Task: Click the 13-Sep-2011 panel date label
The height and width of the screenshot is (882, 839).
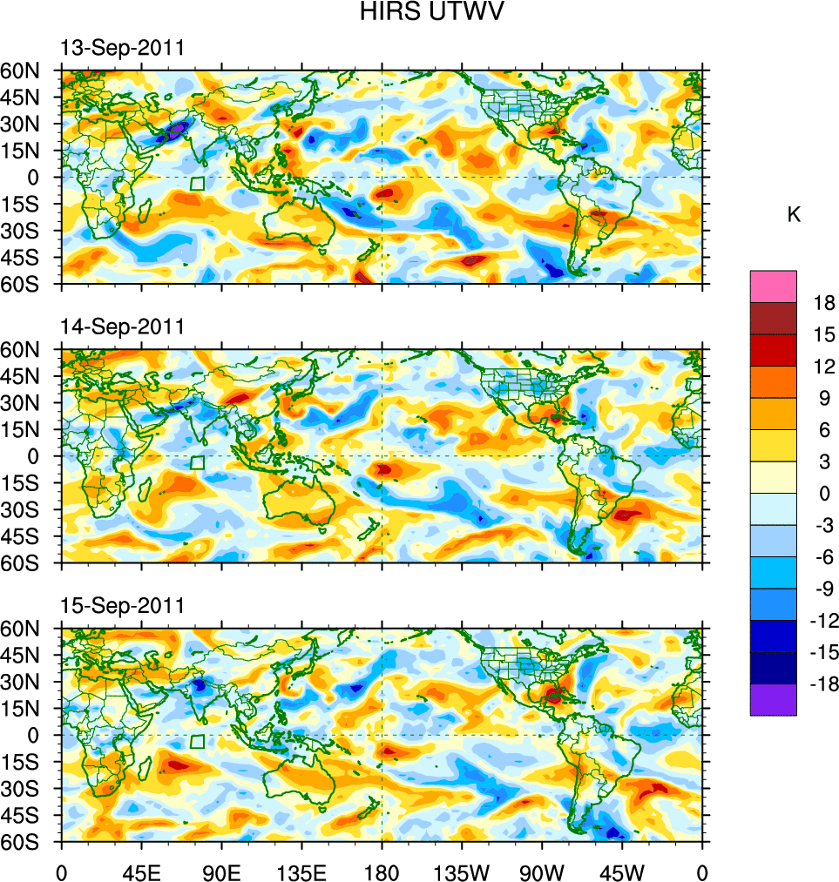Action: (122, 49)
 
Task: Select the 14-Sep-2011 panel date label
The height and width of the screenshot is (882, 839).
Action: (122, 327)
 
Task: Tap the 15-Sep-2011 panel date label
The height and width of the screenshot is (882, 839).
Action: (122, 606)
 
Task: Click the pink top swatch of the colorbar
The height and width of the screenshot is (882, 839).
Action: (773, 286)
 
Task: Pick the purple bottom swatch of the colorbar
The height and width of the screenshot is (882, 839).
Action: (773, 699)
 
